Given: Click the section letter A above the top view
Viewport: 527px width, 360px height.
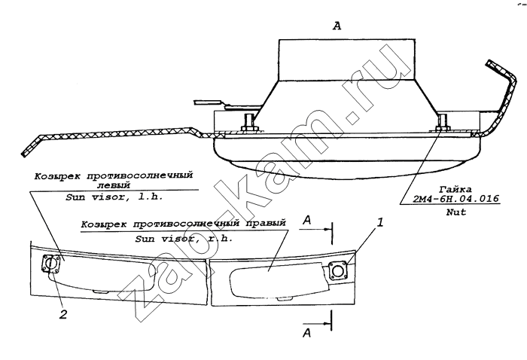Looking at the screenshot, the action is [x=337, y=26].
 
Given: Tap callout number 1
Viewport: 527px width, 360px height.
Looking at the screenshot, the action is [x=379, y=222].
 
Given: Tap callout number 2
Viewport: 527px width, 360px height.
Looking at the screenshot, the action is [x=63, y=314].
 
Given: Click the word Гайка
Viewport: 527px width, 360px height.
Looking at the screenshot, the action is [x=455, y=190].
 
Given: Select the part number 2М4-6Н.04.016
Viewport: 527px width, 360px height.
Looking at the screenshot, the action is [x=456, y=199].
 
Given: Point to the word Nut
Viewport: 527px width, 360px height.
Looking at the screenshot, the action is [x=456, y=212].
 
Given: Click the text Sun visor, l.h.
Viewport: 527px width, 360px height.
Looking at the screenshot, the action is [x=114, y=197].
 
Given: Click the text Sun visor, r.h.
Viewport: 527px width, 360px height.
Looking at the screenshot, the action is [x=184, y=239].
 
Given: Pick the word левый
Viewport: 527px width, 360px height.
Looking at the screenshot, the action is [x=114, y=185].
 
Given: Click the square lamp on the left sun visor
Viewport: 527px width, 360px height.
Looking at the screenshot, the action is [x=51, y=263].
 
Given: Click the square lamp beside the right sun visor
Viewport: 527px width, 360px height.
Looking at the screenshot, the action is [x=338, y=270].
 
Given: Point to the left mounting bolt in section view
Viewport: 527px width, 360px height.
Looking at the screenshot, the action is [x=249, y=122].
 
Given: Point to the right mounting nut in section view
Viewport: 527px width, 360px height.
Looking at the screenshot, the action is [x=443, y=124].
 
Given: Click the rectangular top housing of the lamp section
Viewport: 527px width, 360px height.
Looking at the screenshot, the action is [x=346, y=60].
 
